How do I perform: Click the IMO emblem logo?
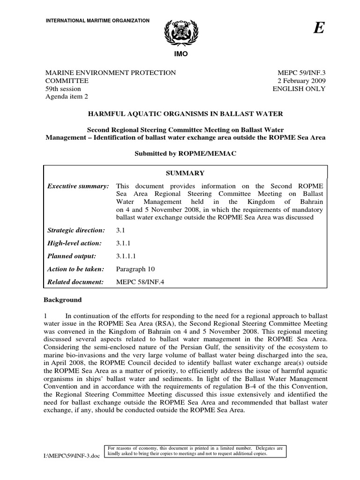(180, 33)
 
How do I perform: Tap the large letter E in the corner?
(319, 29)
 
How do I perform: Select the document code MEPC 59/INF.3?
(302, 73)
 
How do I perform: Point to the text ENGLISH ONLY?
(300, 89)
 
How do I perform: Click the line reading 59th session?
(63, 89)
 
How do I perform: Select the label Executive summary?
(78, 187)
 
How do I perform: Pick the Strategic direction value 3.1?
(121, 230)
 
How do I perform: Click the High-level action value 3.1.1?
(123, 243)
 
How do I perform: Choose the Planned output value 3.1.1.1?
(125, 256)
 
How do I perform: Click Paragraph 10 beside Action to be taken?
(135, 269)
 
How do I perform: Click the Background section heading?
(62, 300)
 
